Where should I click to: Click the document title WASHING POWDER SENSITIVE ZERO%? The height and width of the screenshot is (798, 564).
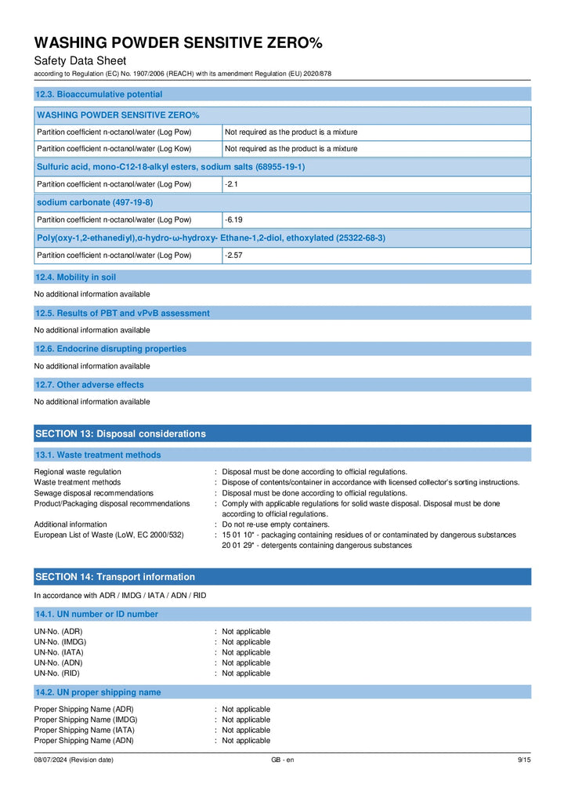pos(178,42)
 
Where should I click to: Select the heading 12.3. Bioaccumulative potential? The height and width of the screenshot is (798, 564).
pos(99,94)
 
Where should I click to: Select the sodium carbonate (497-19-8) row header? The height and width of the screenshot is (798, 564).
pos(95,202)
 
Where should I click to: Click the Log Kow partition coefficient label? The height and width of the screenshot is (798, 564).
pos(114,148)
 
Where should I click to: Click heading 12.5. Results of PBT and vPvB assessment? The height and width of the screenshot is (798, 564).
pos(122,313)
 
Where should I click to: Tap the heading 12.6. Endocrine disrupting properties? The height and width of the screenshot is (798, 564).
pos(110,349)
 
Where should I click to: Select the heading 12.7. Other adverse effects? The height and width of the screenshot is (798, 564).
pos(89,385)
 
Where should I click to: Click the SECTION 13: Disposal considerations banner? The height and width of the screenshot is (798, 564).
pos(121,433)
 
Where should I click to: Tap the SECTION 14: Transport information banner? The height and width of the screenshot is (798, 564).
pos(115,577)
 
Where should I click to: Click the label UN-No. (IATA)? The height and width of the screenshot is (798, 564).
pos(59,652)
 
